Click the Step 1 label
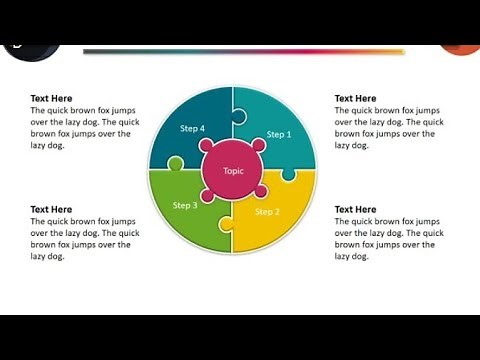(x=279, y=134)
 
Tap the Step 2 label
(x=267, y=212)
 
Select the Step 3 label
(x=185, y=205)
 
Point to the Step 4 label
(x=192, y=128)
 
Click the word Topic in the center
(x=233, y=170)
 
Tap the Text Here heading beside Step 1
(x=355, y=98)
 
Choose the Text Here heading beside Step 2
(x=355, y=209)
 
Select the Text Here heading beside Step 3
(x=51, y=209)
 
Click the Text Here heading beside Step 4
(x=51, y=98)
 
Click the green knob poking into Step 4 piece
(x=176, y=163)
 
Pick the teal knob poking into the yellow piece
(x=288, y=174)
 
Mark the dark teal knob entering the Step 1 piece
(x=238, y=116)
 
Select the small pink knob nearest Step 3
(x=208, y=195)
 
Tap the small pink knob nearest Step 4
(x=209, y=146)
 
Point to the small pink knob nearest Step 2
(x=260, y=191)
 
